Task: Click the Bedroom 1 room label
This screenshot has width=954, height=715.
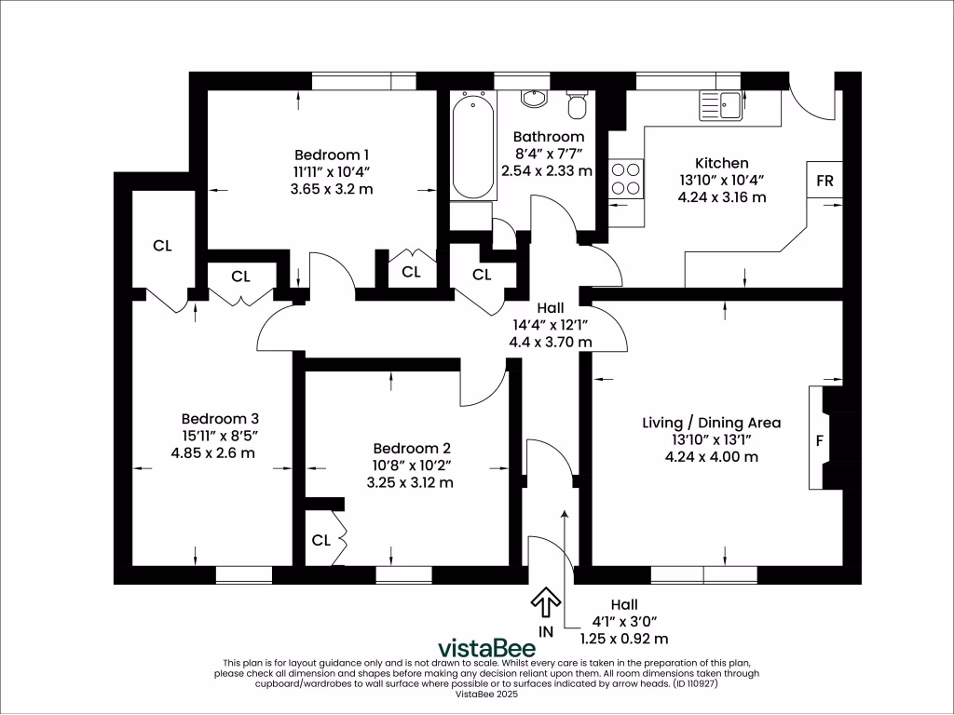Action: point(333,155)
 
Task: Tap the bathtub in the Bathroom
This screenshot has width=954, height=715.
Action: point(473,145)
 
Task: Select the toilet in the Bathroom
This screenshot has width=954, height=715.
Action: point(578,104)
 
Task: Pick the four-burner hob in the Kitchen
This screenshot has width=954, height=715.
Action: point(626,178)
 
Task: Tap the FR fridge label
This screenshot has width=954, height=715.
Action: point(825,181)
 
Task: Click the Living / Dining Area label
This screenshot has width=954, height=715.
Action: point(711,423)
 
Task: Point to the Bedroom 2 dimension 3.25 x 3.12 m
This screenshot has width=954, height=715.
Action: point(410,482)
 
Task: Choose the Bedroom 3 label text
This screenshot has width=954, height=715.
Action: point(220,419)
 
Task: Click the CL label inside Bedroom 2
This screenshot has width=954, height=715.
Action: point(321,540)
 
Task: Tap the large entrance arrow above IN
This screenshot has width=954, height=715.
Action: point(545,602)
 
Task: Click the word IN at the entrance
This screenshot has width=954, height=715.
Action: point(546,632)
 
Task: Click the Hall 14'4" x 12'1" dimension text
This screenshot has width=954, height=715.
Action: point(550,325)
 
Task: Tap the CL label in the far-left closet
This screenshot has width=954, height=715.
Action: point(162,246)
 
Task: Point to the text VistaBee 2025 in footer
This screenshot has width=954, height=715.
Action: point(487,695)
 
